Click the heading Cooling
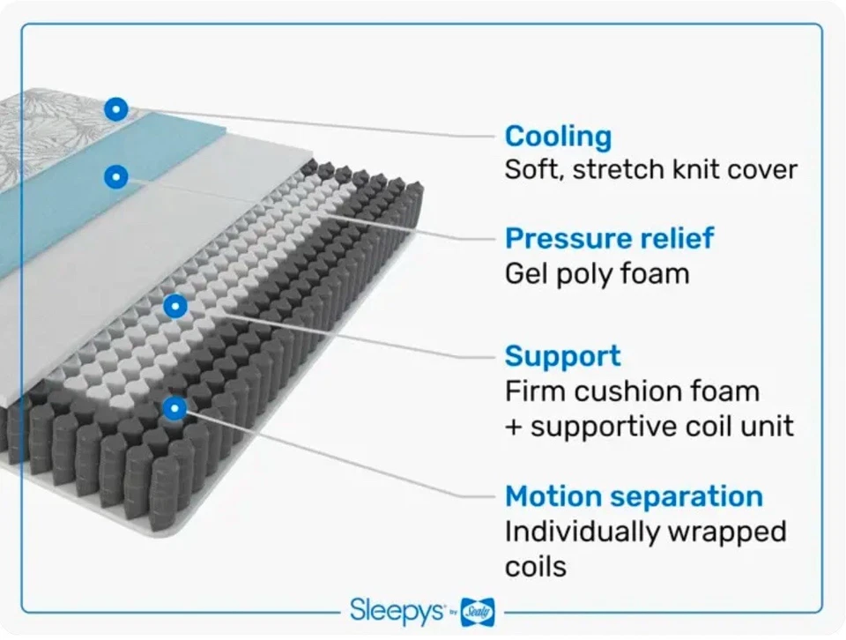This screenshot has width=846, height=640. click(558, 137)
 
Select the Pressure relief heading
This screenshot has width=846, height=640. click(609, 239)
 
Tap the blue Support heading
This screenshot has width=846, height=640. click(562, 356)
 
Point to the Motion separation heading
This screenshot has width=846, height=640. click(634, 496)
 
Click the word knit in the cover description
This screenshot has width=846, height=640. click(696, 169)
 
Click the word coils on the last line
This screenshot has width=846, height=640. click(535, 565)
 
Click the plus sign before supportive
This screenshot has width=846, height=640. click(514, 426)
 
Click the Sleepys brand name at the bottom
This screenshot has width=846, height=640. click(396, 609)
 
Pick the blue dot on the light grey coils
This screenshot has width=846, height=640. click(175, 306)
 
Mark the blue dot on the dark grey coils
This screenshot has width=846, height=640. click(174, 407)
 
